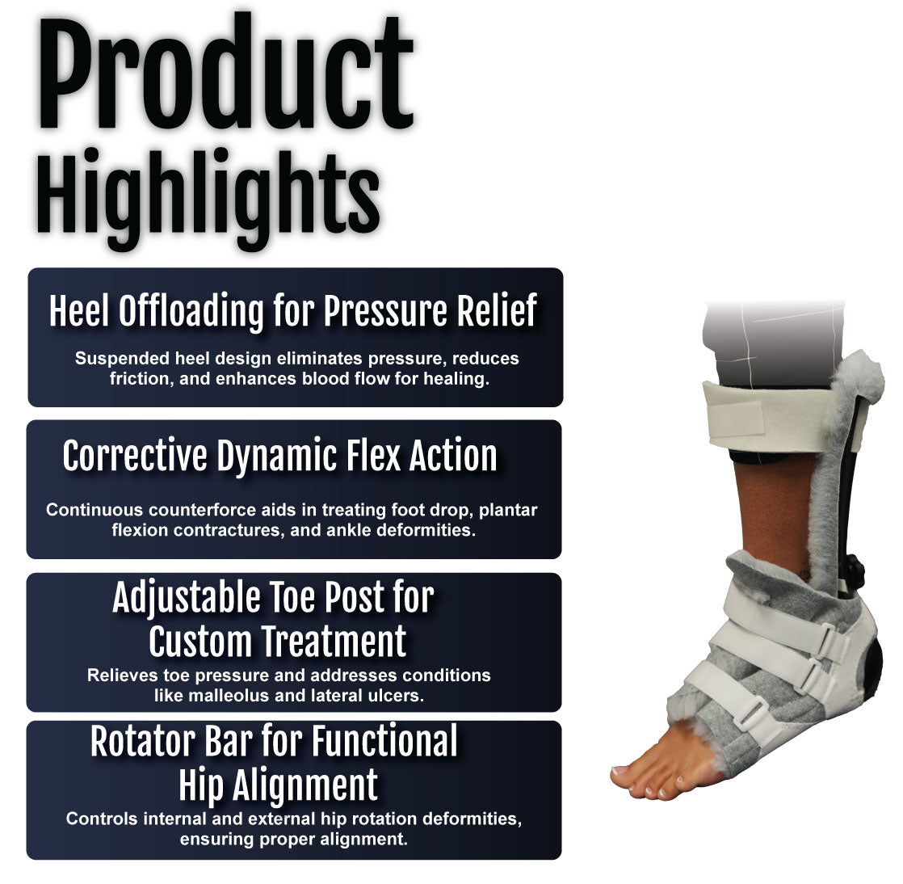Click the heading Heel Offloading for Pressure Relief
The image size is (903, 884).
coord(293,312)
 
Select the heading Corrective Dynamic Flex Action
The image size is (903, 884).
coord(280,457)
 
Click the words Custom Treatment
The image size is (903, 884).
coord(278,642)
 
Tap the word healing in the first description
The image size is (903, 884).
coord(456,379)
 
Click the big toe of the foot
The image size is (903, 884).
coord(629,773)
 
